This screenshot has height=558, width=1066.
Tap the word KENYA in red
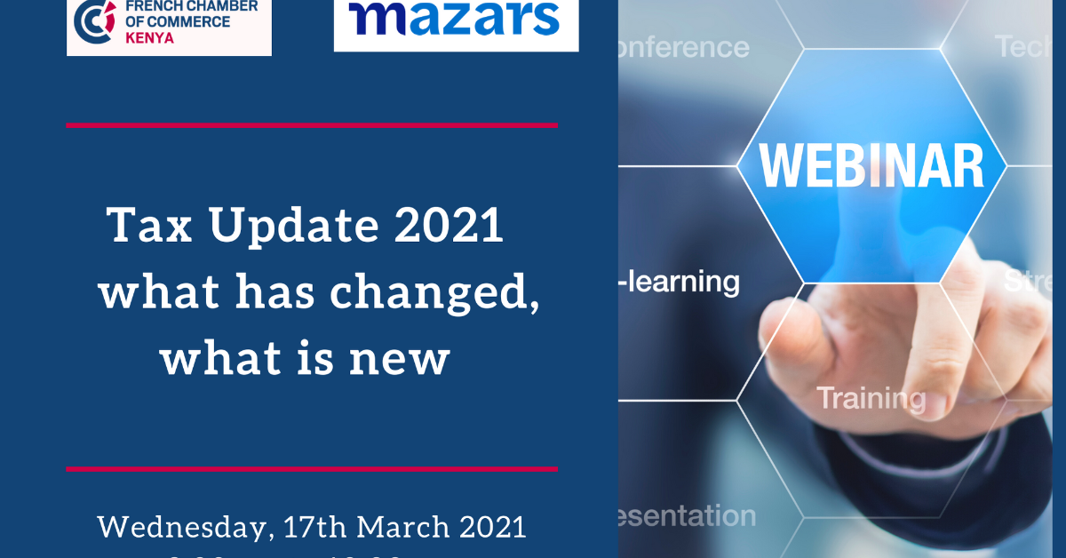coord(149,39)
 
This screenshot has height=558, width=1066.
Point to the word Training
coord(871,398)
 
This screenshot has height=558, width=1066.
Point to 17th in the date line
coord(318,527)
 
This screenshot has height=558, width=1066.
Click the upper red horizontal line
coord(311,125)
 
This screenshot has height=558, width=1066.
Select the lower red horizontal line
coord(311,468)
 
